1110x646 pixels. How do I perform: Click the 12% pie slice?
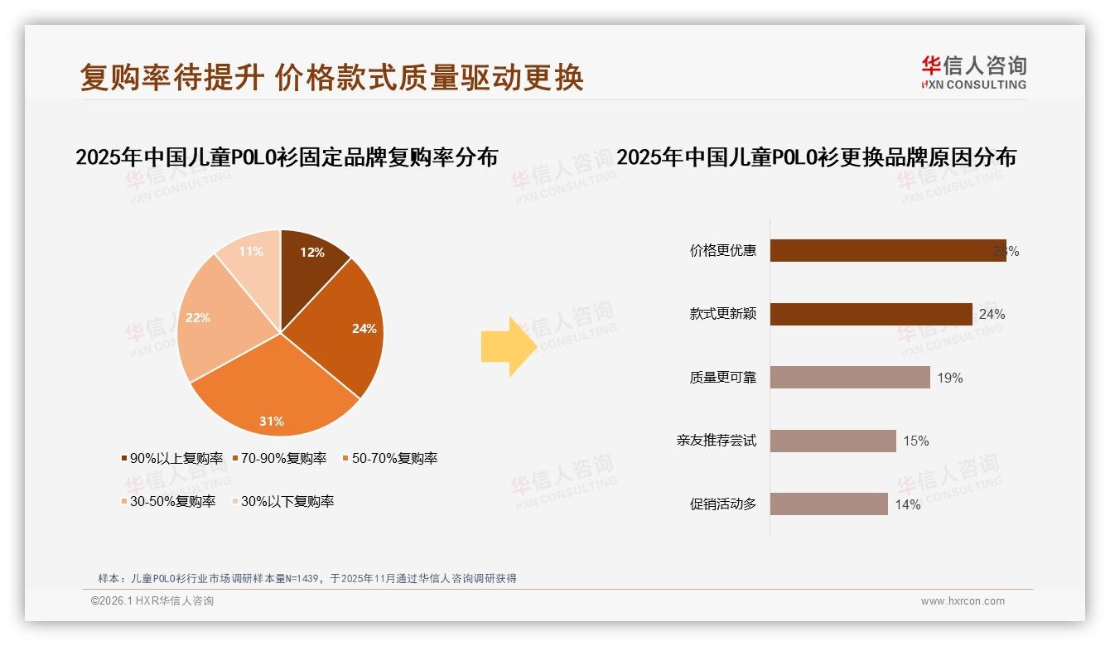click(x=311, y=257)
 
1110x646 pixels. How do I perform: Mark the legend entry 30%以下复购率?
click(x=287, y=501)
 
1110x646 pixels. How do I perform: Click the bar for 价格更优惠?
click(x=887, y=251)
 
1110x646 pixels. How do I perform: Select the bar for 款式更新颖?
click(x=871, y=314)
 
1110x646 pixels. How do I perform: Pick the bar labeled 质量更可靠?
click(x=850, y=378)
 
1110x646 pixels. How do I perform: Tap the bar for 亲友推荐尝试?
click(x=832, y=441)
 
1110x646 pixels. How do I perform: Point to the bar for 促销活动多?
click(x=828, y=504)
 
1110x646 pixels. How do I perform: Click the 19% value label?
click(x=950, y=378)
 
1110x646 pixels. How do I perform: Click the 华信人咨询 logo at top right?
click(x=973, y=73)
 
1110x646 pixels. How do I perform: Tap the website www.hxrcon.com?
click(x=963, y=601)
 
